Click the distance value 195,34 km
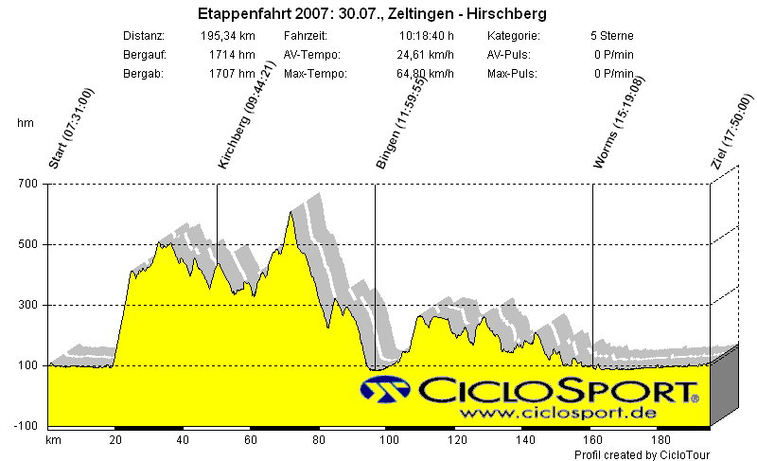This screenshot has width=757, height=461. point(228,36)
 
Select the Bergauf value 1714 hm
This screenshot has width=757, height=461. point(233,55)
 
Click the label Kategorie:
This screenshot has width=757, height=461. point(514,36)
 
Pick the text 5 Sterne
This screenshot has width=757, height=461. point(611,36)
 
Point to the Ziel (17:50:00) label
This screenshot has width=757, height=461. point(731,132)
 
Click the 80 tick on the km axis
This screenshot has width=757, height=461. point(318,439)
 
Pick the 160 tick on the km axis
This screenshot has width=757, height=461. point(592,439)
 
